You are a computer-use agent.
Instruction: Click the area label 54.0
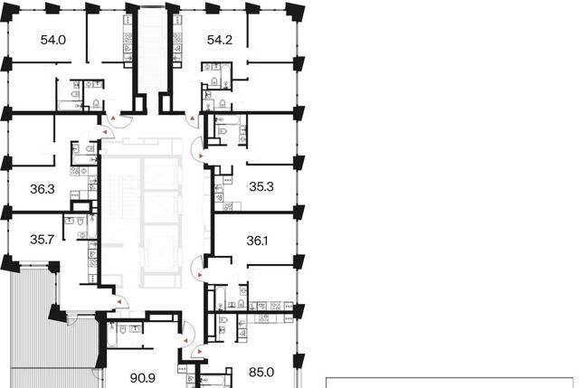click(x=53, y=40)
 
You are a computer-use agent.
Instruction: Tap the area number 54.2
click(x=220, y=40)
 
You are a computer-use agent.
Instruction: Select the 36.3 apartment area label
click(x=43, y=189)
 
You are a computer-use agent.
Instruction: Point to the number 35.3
click(x=261, y=187)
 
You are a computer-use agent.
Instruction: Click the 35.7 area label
click(x=43, y=240)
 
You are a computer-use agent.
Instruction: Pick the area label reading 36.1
click(x=257, y=241)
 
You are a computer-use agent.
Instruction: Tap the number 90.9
click(x=143, y=378)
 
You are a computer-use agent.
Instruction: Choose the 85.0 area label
click(x=261, y=372)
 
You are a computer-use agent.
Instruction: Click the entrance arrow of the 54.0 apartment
click(x=114, y=118)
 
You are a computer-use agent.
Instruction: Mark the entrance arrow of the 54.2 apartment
click(x=193, y=118)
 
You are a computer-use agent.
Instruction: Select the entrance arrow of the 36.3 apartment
click(x=105, y=132)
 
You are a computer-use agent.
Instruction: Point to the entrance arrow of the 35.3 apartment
click(x=201, y=156)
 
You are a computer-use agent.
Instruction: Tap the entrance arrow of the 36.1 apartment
click(x=200, y=275)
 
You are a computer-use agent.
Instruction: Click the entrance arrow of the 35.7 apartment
click(x=119, y=302)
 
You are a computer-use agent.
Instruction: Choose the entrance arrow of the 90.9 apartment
click(x=185, y=341)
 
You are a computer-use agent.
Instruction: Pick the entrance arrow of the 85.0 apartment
click(x=200, y=352)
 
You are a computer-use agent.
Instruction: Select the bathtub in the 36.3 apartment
click(x=84, y=160)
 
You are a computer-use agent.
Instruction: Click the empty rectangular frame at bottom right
click(x=450, y=378)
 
